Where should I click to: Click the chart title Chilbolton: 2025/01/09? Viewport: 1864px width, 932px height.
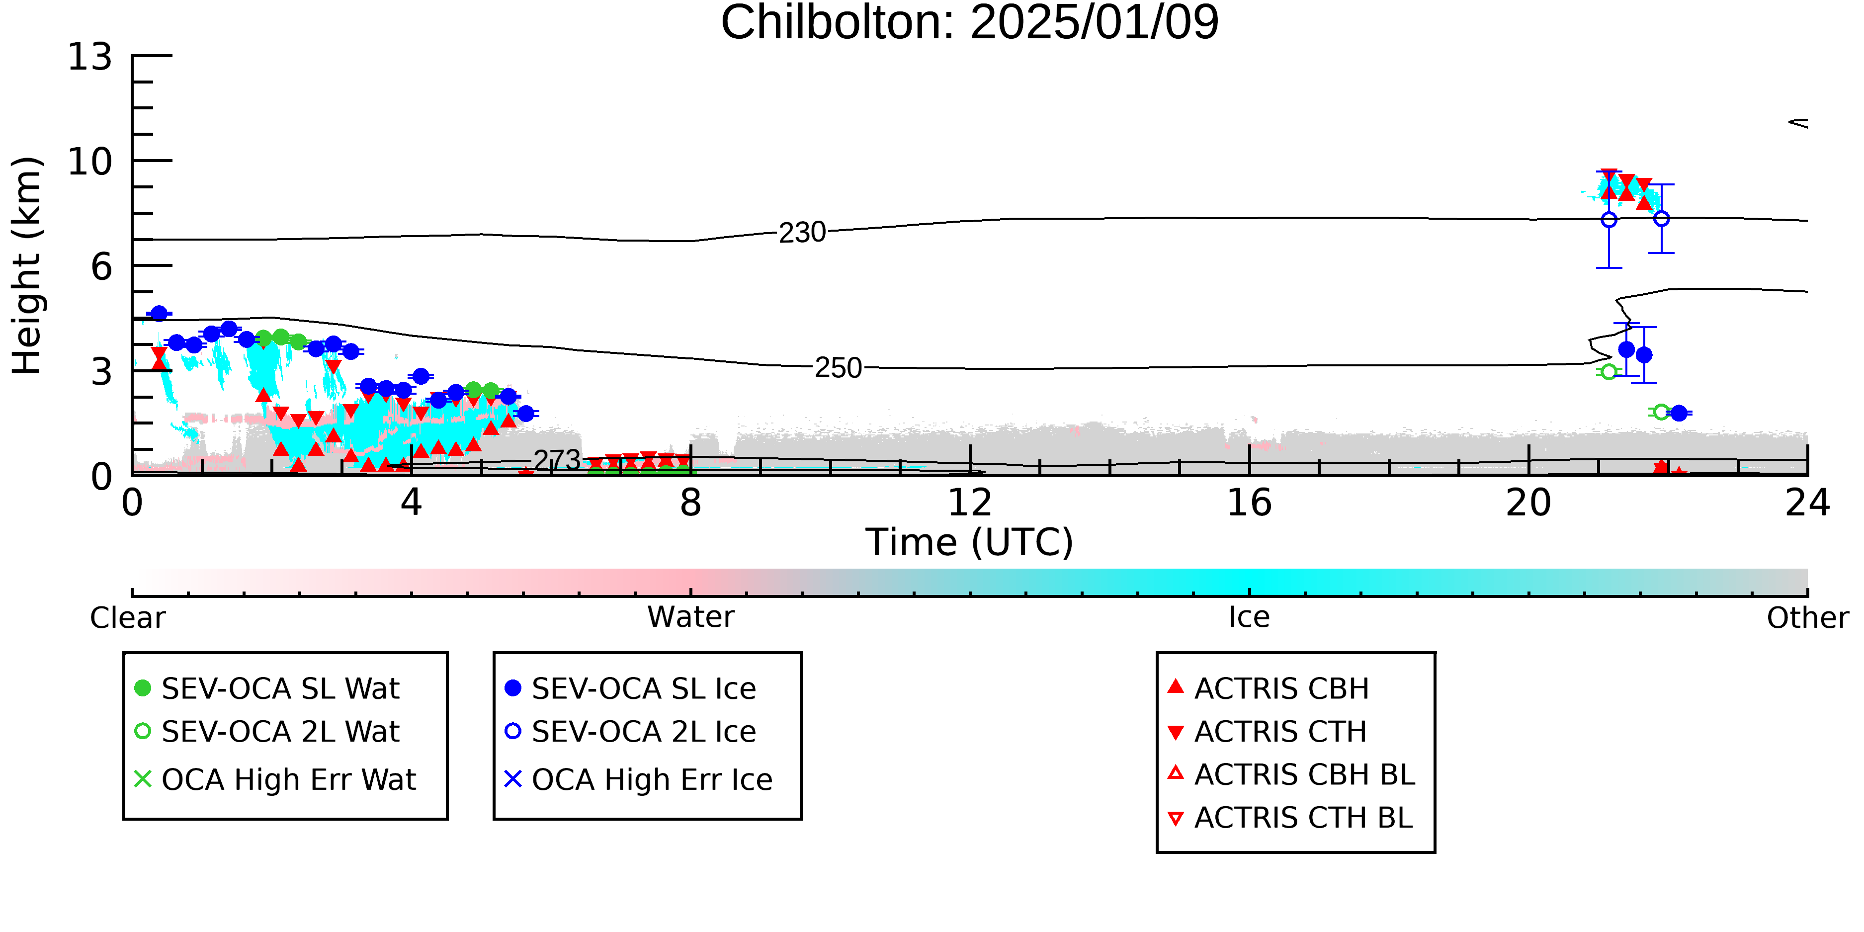[970, 23]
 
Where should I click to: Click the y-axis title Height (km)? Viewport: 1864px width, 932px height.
[27, 265]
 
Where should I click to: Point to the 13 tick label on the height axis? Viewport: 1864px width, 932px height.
[90, 57]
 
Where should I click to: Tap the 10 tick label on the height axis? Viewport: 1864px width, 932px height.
[90, 162]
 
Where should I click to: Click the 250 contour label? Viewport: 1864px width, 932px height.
[839, 368]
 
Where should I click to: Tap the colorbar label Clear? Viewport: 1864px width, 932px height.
[127, 618]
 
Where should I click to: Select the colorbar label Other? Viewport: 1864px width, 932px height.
[1807, 618]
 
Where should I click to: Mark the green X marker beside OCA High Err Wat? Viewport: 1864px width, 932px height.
[143, 779]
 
